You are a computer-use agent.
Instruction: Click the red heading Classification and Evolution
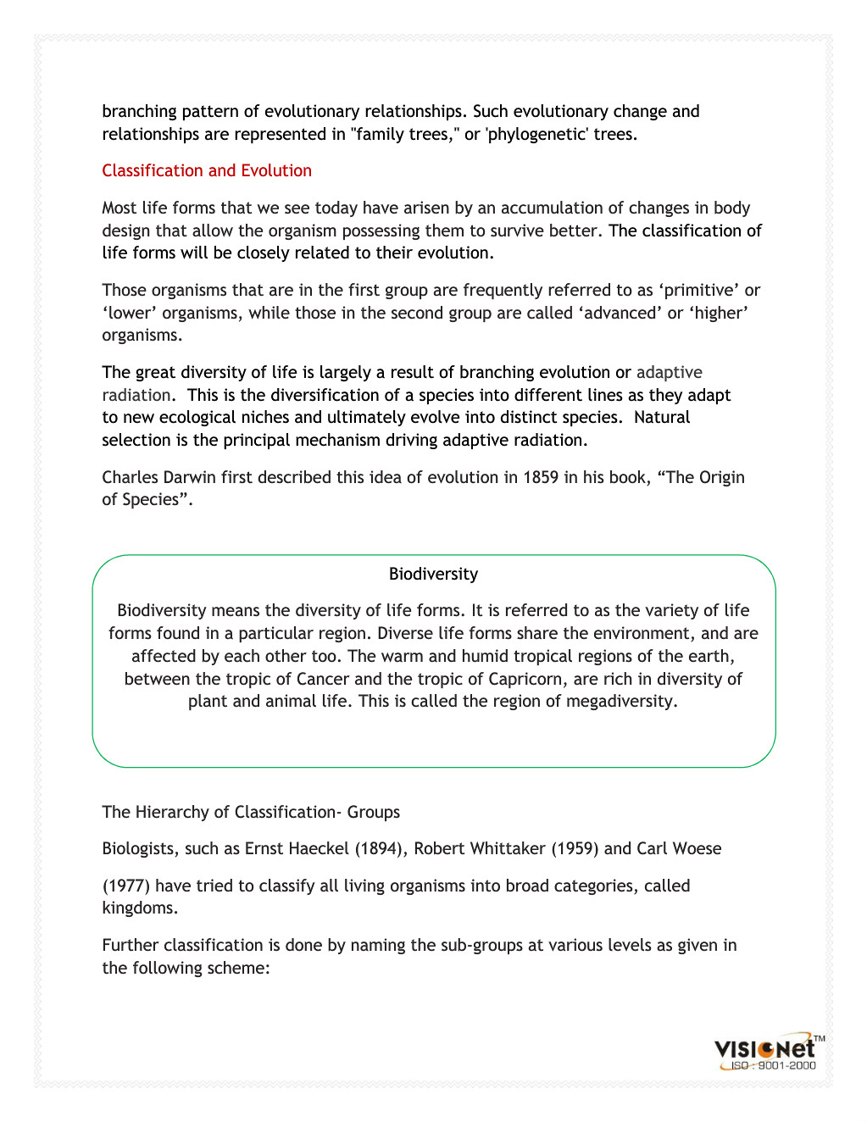pyautogui.click(x=207, y=170)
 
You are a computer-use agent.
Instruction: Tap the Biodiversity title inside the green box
pyautogui.click(x=433, y=574)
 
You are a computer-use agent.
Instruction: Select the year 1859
pyautogui.click(x=541, y=477)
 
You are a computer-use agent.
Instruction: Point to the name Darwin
pyautogui.click(x=189, y=477)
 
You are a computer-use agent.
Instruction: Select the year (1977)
pyautogui.click(x=126, y=886)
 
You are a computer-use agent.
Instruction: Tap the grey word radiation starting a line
pyautogui.click(x=136, y=395)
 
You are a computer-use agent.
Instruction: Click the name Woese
pyautogui.click(x=697, y=848)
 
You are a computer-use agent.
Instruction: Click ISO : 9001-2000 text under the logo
pyautogui.click(x=773, y=1065)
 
